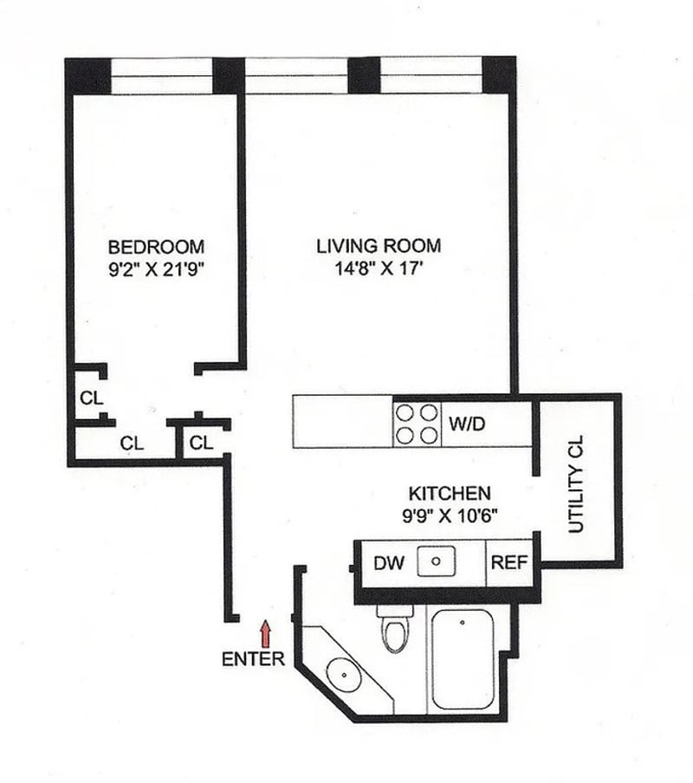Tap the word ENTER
coord(253,659)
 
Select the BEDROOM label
coord(156,245)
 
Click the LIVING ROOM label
coord(378,245)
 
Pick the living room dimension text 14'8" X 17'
coord(378,268)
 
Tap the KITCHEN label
coord(450,494)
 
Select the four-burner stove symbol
coord(418,424)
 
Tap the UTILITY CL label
coord(577,483)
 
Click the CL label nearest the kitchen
coord(201,443)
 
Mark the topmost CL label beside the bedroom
coord(92,399)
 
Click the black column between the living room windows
coord(364,74)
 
